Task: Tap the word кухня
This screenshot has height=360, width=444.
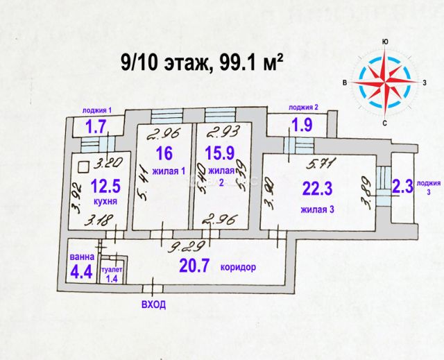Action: point(103,201)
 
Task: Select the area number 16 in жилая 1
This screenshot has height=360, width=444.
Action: point(163,153)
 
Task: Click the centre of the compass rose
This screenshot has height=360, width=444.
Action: point(384,83)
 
